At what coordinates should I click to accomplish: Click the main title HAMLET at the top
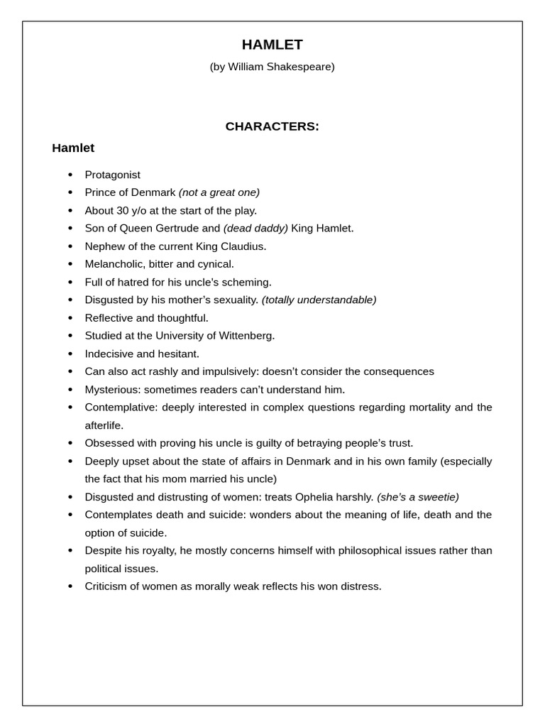272,45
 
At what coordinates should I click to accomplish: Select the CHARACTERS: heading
272,126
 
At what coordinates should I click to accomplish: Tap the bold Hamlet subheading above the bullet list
73,148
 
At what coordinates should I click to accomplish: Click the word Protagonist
112,175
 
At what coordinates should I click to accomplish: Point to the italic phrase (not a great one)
219,192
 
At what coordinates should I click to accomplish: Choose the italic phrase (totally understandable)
319,300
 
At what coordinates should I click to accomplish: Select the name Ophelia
306,497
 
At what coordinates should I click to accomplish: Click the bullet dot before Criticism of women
70,586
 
